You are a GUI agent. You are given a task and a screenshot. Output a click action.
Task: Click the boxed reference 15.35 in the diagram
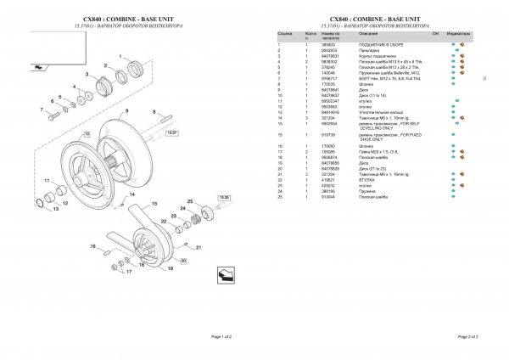click(225, 197)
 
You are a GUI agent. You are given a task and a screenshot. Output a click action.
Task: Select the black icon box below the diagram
click(225, 274)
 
